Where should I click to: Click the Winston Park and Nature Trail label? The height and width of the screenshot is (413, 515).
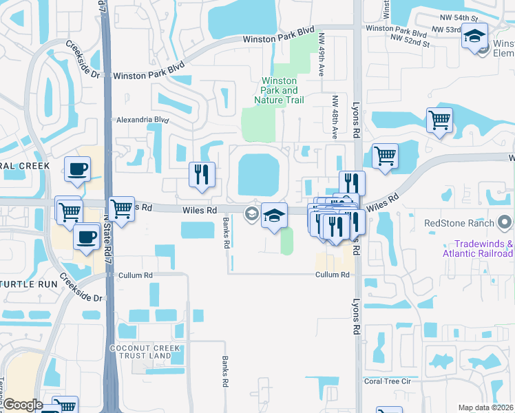[280, 90]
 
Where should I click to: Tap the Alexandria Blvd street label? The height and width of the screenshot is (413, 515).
[142, 119]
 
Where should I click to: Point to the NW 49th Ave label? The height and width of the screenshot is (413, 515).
[321, 66]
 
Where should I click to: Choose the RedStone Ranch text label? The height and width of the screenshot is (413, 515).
[459, 223]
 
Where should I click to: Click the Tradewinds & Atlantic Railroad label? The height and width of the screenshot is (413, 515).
[483, 248]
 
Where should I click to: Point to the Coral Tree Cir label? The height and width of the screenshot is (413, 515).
[387, 381]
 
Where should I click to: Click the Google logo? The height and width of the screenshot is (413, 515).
[22, 405]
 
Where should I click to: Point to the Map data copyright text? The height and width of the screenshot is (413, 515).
[486, 407]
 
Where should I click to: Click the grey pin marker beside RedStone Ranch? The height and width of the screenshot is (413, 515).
[505, 222]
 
